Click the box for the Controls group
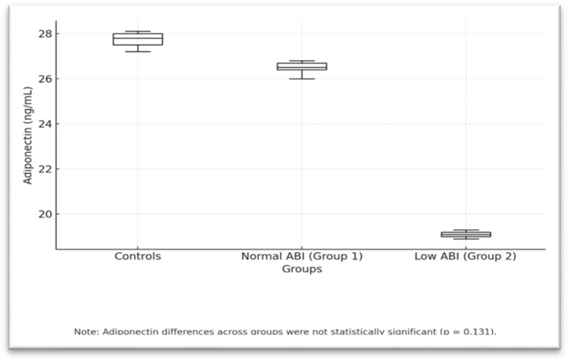138,39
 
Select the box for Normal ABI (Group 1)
302,66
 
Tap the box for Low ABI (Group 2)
465,234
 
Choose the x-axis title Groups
302,269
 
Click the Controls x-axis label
138,256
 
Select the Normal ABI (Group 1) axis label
302,256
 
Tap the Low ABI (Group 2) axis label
465,256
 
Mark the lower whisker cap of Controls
138,52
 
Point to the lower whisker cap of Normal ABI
302,79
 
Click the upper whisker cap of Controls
138,32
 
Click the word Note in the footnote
85,331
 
